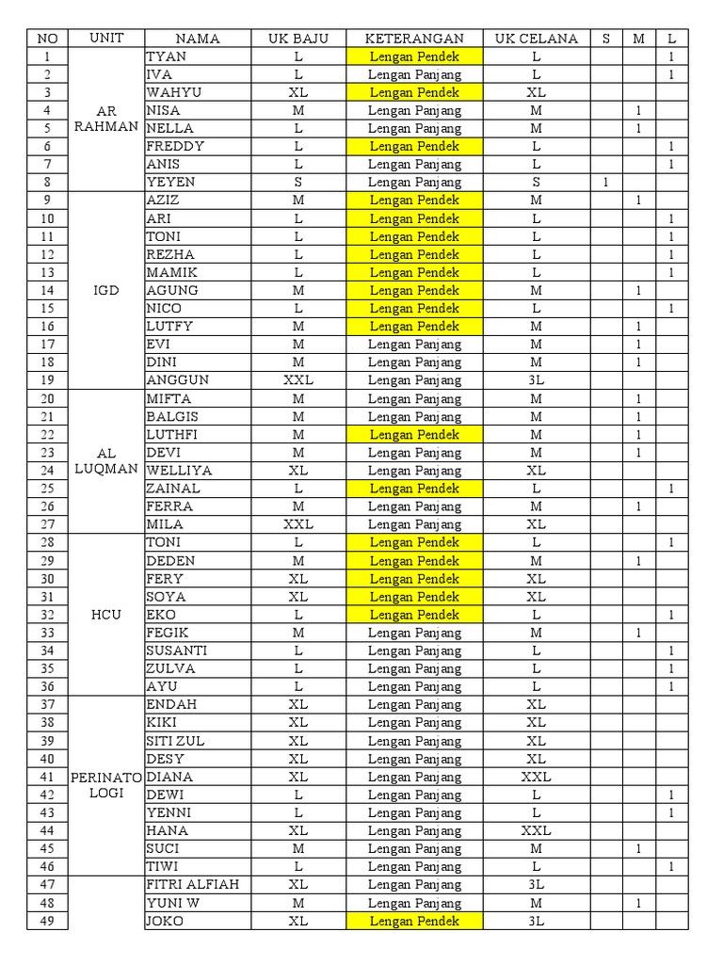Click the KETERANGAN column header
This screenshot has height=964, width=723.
click(414, 39)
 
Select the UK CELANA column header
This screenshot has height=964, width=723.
click(536, 39)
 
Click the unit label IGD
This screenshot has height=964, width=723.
click(107, 290)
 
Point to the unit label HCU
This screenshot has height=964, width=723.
click(107, 615)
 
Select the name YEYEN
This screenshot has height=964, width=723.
click(170, 182)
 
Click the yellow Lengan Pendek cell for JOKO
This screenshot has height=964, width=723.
click(414, 921)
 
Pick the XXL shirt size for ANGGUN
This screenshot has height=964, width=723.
click(297, 380)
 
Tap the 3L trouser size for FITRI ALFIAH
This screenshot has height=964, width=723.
click(536, 885)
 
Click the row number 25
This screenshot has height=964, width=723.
click(48, 489)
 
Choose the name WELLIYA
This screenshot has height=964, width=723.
click(179, 470)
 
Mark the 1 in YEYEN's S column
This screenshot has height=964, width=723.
click(605, 182)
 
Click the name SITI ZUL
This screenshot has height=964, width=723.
click(176, 741)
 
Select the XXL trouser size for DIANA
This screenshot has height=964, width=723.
click(536, 777)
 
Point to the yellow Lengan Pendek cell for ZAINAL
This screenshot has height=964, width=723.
click(414, 489)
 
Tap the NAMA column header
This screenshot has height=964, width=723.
click(197, 39)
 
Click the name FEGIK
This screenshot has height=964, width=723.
click(169, 633)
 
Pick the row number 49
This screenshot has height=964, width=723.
click(48, 921)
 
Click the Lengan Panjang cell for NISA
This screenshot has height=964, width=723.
click(414, 110)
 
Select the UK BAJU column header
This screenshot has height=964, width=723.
click(297, 39)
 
